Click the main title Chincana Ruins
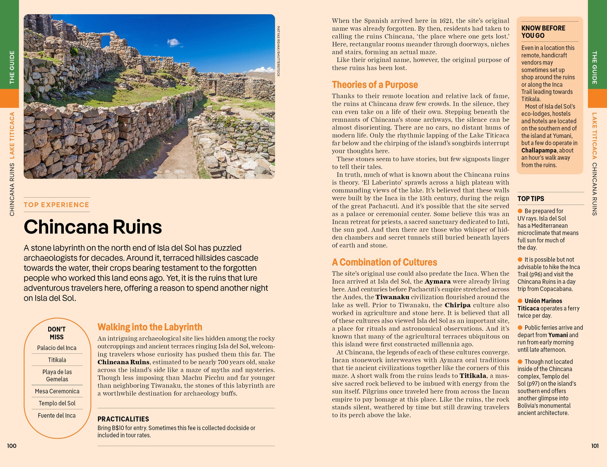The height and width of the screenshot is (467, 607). click(x=93, y=227)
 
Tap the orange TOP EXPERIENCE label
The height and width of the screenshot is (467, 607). click(x=56, y=205)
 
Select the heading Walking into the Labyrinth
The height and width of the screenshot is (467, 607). click(x=150, y=327)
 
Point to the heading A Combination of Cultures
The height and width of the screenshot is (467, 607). click(x=384, y=262)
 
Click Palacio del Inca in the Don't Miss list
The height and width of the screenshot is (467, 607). click(x=57, y=348)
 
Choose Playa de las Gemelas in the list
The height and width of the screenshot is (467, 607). click(x=57, y=375)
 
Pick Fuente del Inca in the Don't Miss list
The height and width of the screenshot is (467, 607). click(x=57, y=415)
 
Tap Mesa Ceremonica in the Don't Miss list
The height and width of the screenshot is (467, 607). click(x=57, y=391)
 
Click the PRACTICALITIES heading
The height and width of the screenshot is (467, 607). click(x=123, y=419)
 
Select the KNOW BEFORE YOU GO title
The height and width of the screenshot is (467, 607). click(x=543, y=32)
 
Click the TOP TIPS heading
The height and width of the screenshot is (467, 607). click(x=531, y=199)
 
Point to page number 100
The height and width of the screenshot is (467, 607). click(x=12, y=446)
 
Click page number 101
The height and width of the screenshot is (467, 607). click(x=595, y=446)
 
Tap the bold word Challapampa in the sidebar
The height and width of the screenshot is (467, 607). click(x=539, y=150)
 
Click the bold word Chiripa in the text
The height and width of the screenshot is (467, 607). click(x=457, y=305)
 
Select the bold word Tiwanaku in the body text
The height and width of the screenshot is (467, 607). click(x=392, y=297)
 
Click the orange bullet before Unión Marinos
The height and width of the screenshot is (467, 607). click(x=520, y=301)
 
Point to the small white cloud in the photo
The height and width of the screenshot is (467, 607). click(x=173, y=42)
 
